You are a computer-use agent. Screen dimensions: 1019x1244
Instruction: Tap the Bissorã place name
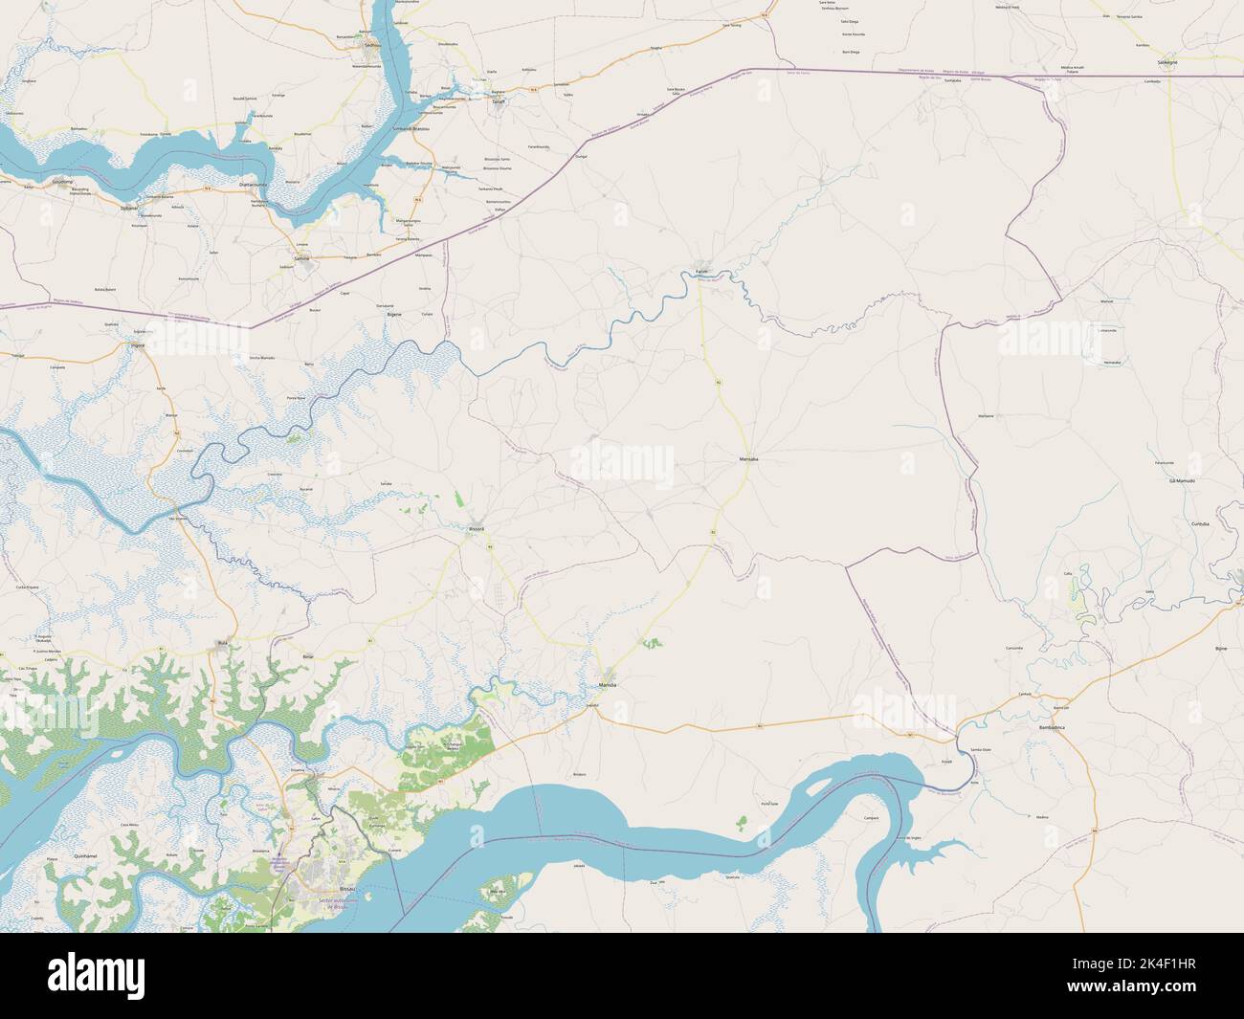point(476,528)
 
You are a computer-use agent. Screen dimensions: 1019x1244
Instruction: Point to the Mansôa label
point(607,686)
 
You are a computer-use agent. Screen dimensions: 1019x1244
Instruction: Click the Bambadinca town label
point(1064,728)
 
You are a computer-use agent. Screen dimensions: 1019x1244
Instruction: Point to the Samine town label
point(303,258)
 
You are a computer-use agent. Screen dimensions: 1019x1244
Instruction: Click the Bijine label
point(1220,649)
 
